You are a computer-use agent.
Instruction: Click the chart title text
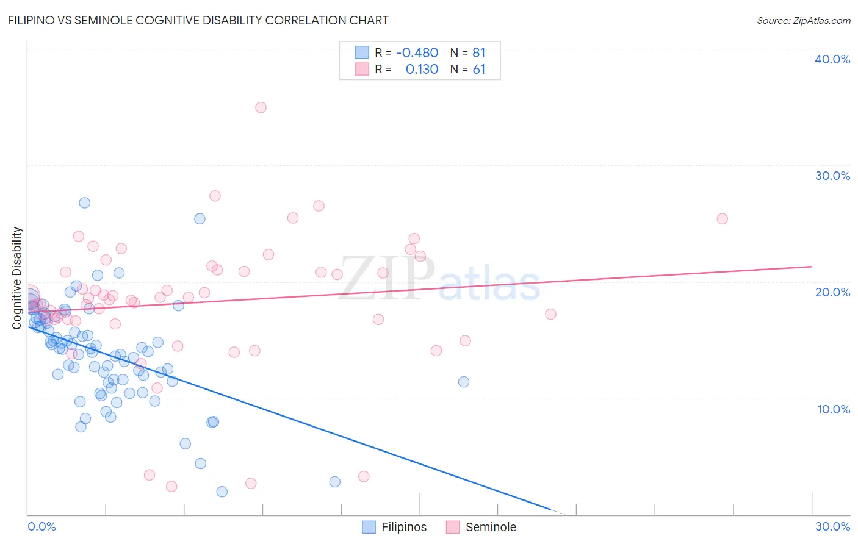(x=198, y=20)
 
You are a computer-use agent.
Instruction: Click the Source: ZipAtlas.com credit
(x=803, y=21)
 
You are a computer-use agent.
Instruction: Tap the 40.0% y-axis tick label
(x=832, y=59)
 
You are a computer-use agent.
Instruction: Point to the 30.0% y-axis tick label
(x=832, y=176)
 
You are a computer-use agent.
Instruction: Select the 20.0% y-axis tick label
(x=832, y=292)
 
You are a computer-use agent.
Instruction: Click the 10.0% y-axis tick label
(x=834, y=409)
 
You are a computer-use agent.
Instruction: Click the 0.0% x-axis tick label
(x=41, y=526)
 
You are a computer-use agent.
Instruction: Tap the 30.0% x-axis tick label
(x=832, y=526)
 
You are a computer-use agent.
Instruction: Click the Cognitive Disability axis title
(x=17, y=278)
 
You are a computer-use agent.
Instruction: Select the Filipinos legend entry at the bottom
(x=395, y=527)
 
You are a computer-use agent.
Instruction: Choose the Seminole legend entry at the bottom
(x=481, y=527)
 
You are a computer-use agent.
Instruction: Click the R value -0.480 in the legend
(x=417, y=52)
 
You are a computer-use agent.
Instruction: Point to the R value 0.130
(x=422, y=69)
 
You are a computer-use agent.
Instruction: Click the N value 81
(x=478, y=52)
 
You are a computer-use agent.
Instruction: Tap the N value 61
(x=478, y=69)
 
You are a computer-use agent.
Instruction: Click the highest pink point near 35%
(x=261, y=107)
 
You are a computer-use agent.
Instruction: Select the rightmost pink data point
(x=722, y=218)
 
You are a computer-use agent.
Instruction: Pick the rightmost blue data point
(x=464, y=382)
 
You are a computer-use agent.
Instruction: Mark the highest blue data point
(x=85, y=202)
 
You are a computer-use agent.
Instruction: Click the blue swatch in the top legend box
(x=362, y=52)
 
